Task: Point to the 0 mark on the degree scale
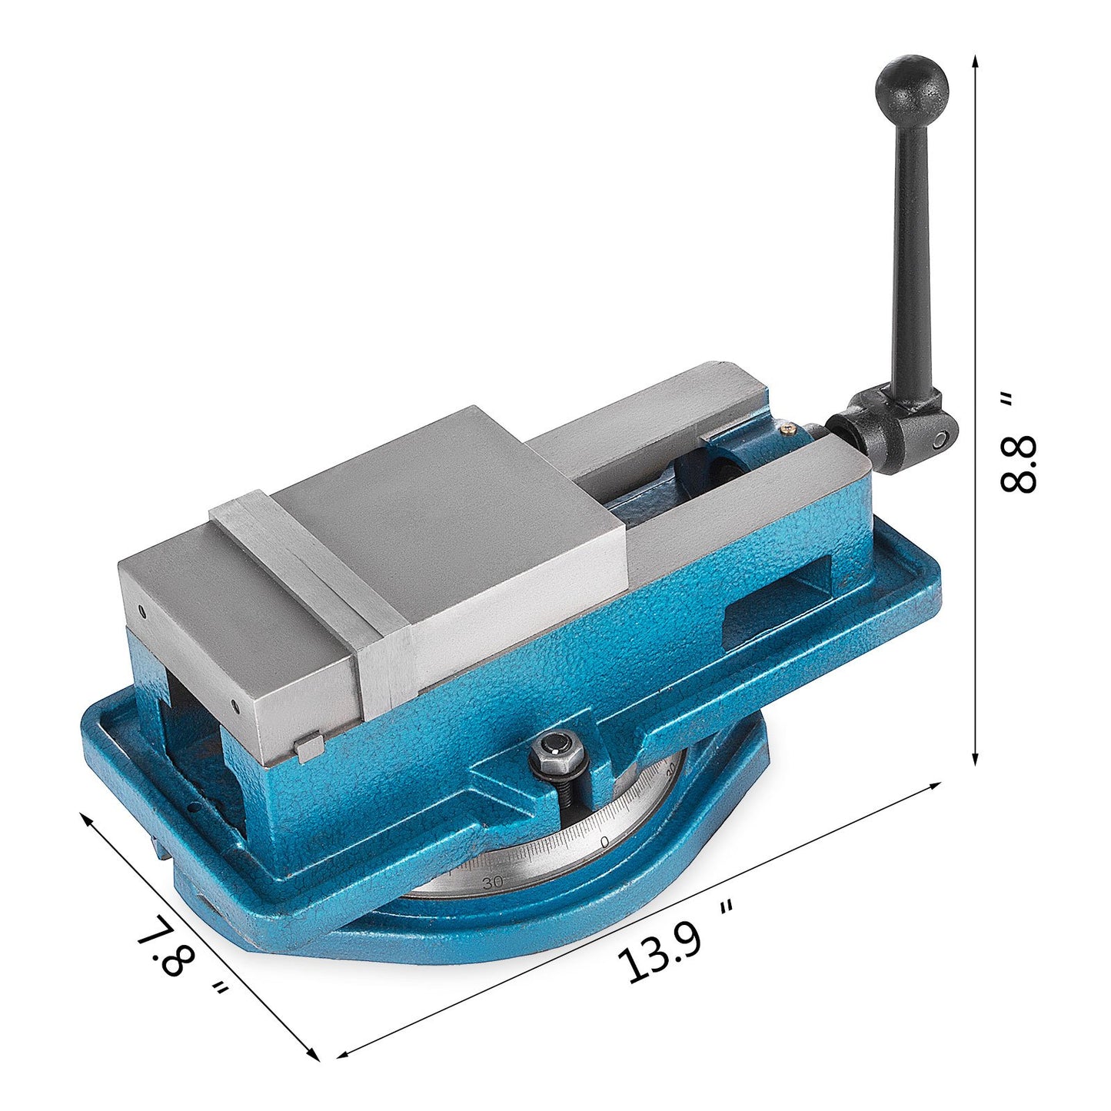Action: coord(604,841)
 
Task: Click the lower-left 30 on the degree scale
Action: coord(492,882)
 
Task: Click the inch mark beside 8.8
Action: coord(1006,399)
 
